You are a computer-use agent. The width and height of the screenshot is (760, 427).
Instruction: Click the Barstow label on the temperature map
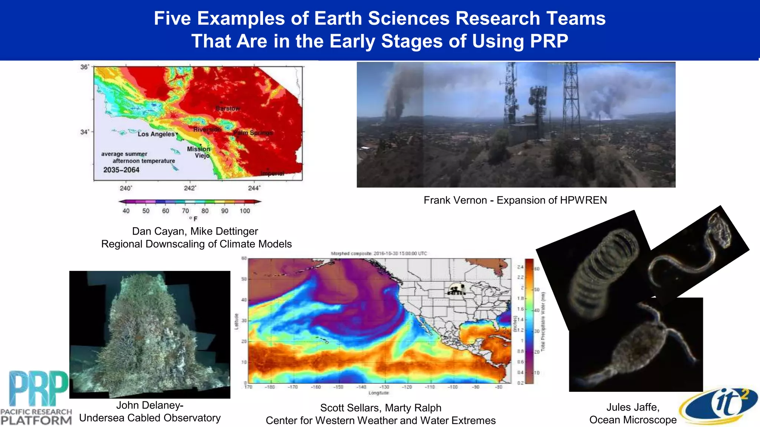(x=228, y=109)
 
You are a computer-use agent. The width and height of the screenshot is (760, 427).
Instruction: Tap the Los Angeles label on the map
(x=156, y=134)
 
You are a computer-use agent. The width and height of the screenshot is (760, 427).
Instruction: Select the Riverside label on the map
(x=207, y=129)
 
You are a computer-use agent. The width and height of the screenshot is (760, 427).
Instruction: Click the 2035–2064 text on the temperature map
(x=121, y=170)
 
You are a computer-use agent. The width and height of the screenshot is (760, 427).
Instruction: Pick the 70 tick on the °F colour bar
(x=185, y=211)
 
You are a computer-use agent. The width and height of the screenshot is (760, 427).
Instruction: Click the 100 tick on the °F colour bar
(x=245, y=211)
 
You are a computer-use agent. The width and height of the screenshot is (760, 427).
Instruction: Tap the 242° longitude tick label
(x=190, y=188)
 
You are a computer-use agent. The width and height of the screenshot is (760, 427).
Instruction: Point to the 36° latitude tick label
(x=85, y=67)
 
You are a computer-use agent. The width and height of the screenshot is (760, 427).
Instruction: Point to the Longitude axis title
(x=379, y=393)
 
